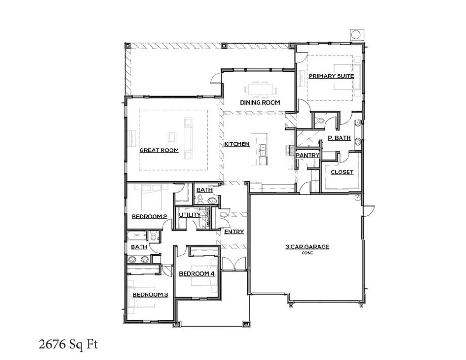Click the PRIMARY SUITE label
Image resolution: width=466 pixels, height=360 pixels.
331,75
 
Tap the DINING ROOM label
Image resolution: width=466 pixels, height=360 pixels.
260,102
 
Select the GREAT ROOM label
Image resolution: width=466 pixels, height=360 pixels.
159,150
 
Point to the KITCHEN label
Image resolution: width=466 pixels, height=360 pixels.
237,144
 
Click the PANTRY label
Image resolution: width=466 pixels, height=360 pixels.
308,155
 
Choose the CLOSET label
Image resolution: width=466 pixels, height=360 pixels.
342,172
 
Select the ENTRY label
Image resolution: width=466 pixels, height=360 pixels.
234,232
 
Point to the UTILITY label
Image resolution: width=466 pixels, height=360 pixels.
190,215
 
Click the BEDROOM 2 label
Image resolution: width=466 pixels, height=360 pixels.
149,216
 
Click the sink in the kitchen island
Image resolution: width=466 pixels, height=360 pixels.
263,150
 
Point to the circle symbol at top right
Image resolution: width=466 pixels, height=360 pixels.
355,34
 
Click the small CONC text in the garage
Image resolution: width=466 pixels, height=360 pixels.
307,253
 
